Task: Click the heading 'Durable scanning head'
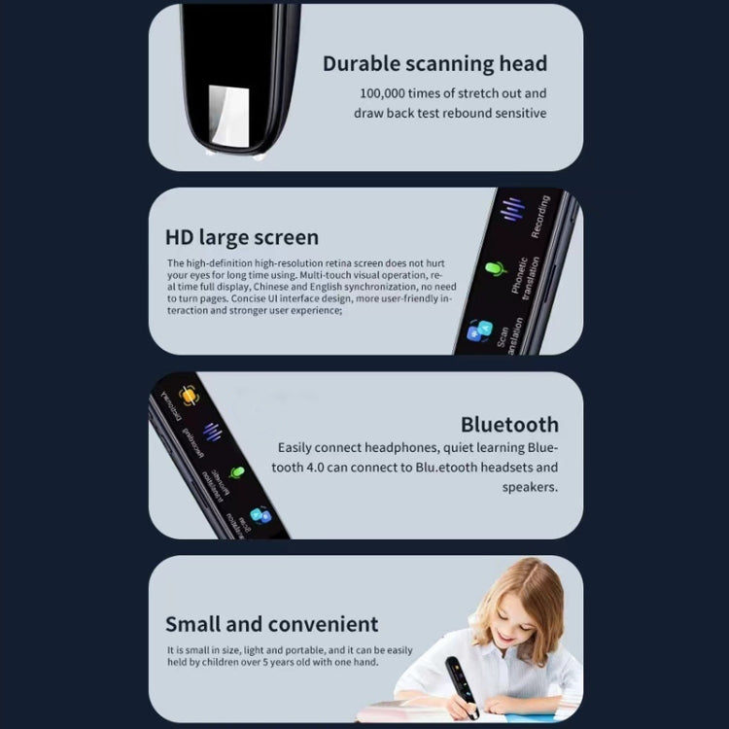[434, 64]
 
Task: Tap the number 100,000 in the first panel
[388, 94]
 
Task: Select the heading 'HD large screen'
[242, 237]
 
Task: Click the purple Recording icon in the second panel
[511, 210]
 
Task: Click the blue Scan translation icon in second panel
[475, 331]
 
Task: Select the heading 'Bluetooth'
[509, 424]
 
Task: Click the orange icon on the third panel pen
[188, 395]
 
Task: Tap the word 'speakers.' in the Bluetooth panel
[530, 487]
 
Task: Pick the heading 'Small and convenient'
[271, 623]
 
